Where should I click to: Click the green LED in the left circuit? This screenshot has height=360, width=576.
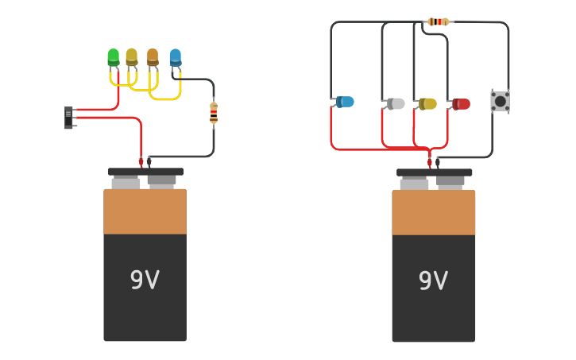tap(113, 57)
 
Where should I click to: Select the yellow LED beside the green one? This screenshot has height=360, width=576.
tap(131, 57)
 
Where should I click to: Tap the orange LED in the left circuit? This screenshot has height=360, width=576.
tap(153, 57)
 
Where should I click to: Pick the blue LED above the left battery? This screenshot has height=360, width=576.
tap(175, 57)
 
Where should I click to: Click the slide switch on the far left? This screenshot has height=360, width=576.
tap(68, 118)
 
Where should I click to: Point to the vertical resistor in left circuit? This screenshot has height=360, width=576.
tap(214, 114)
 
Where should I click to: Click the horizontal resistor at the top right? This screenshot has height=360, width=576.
tap(438, 21)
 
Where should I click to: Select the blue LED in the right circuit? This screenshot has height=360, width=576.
tap(345, 102)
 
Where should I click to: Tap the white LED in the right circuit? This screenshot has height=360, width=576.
tap(396, 103)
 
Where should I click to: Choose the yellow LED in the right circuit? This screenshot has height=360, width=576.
tap(427, 104)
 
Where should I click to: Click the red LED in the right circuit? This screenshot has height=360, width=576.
tap(461, 104)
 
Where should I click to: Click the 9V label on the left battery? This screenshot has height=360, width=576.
tap(145, 280)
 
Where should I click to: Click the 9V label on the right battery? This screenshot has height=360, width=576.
tap(433, 281)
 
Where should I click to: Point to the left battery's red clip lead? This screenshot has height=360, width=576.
tap(141, 162)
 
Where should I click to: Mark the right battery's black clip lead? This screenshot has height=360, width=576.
tap(438, 162)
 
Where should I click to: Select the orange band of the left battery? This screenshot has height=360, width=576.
tap(145, 211)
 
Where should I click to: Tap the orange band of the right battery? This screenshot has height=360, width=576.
tap(433, 212)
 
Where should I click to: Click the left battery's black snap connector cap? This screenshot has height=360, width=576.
tap(145, 172)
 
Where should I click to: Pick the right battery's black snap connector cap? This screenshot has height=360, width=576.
tap(434, 172)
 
